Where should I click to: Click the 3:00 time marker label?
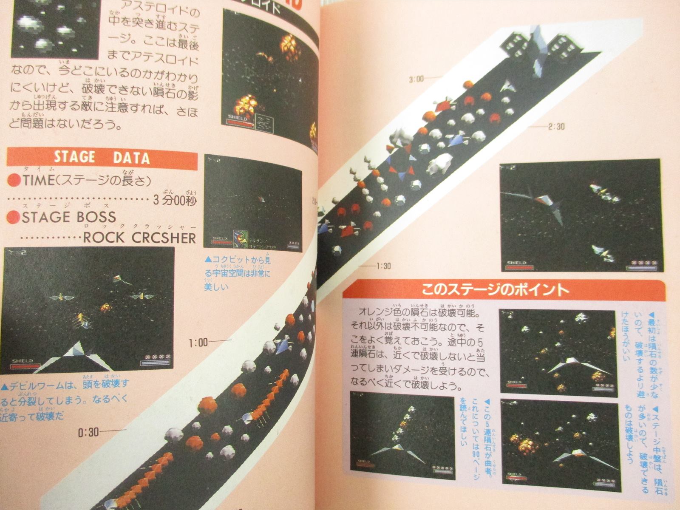tap(416, 79)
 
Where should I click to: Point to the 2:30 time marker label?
tap(556, 127)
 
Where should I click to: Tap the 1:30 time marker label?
tap(383, 266)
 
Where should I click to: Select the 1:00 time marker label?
tap(198, 343)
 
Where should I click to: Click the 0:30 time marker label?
tap(88, 433)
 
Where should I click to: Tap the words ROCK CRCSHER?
tap(139, 237)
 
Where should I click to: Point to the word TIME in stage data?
tap(39, 180)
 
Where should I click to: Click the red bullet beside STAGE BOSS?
tap(13, 217)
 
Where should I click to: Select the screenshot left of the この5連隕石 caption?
tap(402, 435)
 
